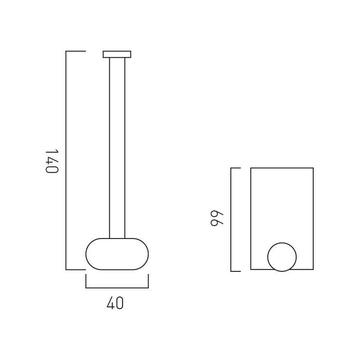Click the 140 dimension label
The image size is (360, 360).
[x=52, y=161]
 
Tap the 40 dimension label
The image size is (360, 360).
[x=115, y=304]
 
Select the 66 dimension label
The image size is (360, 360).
[x=216, y=218]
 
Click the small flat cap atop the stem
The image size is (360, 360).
[x=117, y=54]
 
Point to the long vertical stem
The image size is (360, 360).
[x=117, y=148]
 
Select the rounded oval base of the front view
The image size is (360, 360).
[x=117, y=254]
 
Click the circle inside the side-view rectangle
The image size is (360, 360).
[x=282, y=257]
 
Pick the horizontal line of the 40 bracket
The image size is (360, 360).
[x=117, y=288]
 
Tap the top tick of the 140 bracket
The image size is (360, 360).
[x=76, y=51]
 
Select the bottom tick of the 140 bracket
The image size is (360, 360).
[x=76, y=270]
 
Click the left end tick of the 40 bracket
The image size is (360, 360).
[x=86, y=281]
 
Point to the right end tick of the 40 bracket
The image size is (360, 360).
[x=148, y=281]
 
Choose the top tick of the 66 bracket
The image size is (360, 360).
[x=236, y=168]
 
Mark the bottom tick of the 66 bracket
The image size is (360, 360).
[x=236, y=271]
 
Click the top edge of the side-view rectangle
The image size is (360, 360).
[x=282, y=168]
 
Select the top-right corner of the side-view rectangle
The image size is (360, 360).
[x=313, y=168]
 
